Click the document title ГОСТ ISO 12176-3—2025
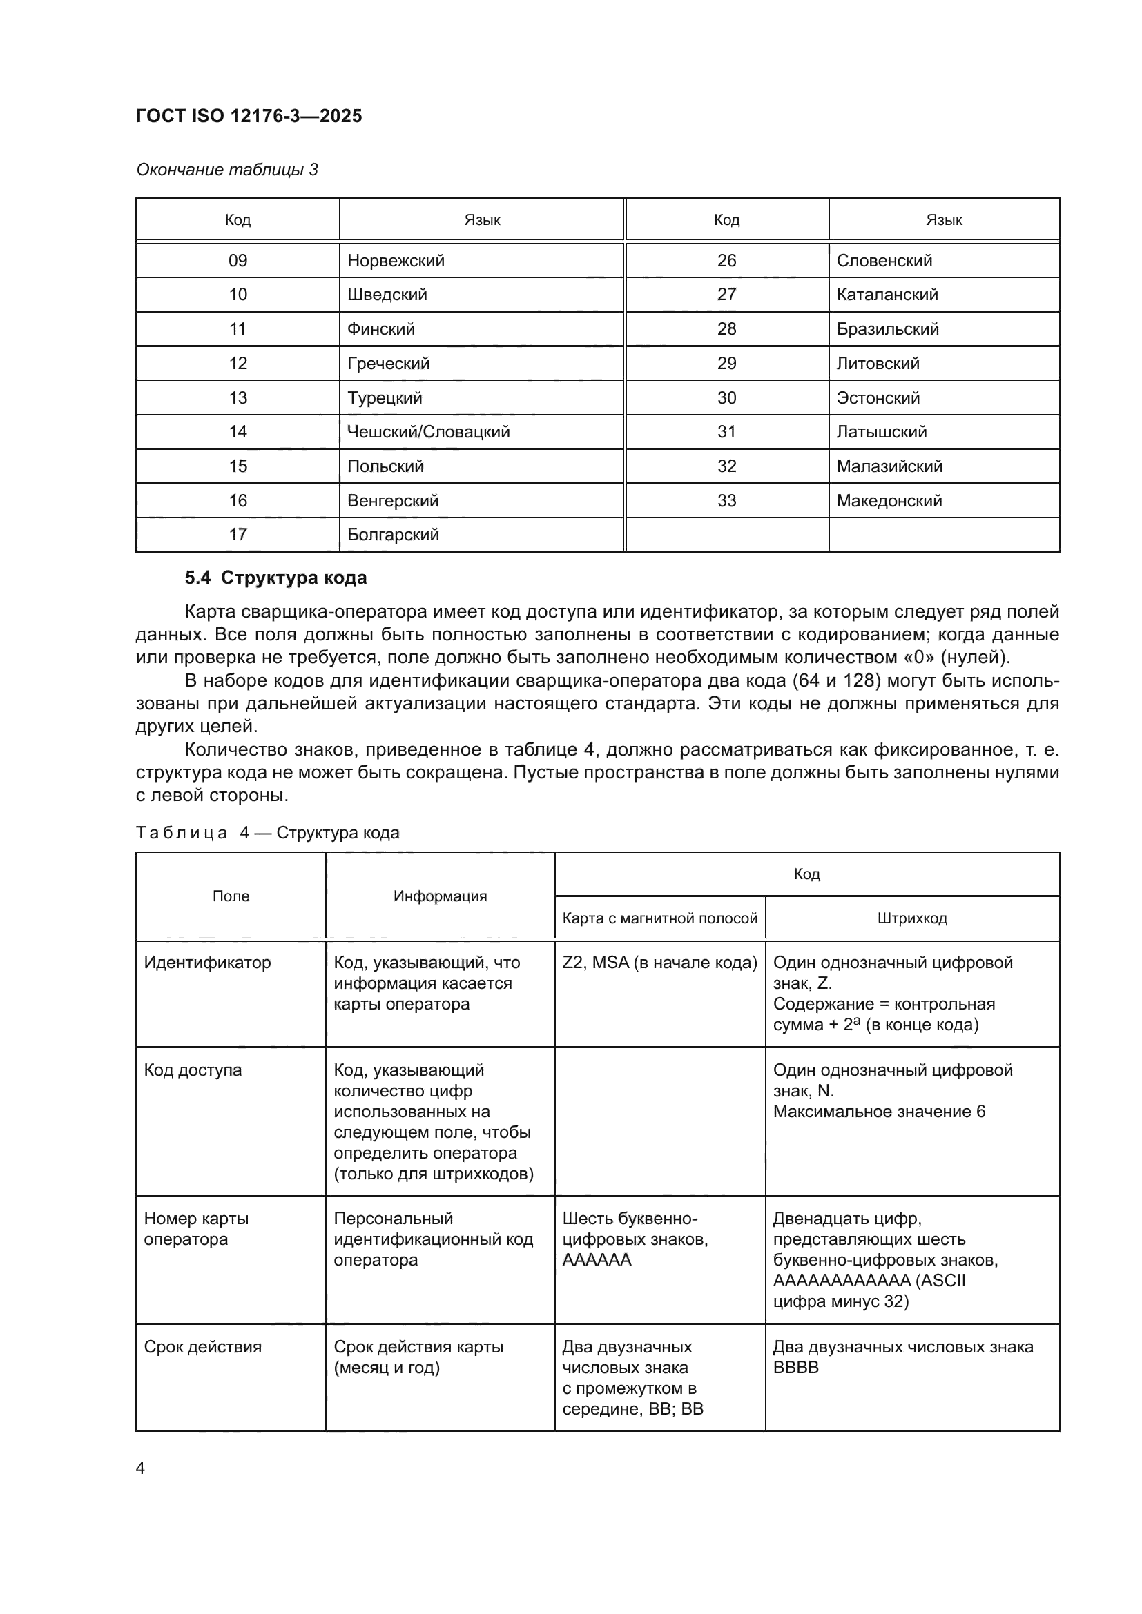click(249, 116)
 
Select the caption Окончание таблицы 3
click(227, 170)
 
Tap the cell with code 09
click(238, 261)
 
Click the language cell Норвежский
click(396, 261)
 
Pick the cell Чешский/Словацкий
click(428, 431)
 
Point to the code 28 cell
click(726, 329)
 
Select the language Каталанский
click(887, 295)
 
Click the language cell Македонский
click(889, 500)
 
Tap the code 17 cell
click(238, 534)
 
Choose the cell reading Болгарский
click(393, 534)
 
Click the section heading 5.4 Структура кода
click(275, 578)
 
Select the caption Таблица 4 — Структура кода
click(267, 832)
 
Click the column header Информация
click(441, 896)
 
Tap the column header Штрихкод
click(912, 918)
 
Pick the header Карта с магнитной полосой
click(659, 918)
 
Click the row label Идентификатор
click(207, 963)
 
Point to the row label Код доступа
click(193, 1070)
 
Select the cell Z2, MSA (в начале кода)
click(659, 963)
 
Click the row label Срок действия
click(202, 1347)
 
